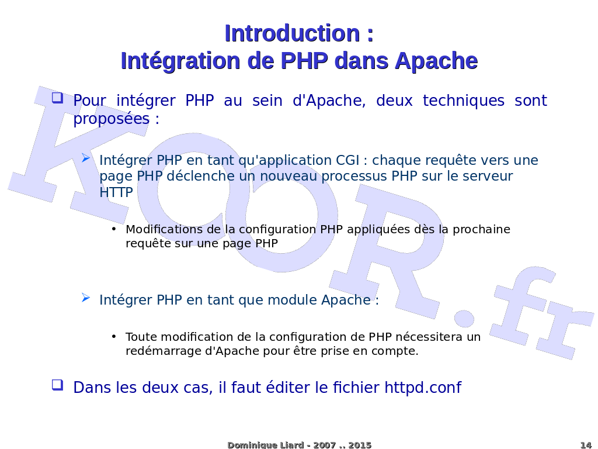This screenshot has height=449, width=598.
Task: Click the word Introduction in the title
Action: (x=293, y=33)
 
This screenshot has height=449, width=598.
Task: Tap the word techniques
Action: (x=463, y=101)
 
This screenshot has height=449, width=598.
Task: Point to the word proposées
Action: (x=112, y=119)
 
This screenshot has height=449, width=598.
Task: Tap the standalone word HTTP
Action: (x=116, y=192)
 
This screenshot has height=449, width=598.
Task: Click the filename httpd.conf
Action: (x=423, y=387)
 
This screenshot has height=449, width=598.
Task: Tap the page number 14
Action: (x=586, y=445)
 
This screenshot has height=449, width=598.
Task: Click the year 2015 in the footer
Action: (x=360, y=445)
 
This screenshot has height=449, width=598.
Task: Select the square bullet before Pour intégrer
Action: (x=58, y=98)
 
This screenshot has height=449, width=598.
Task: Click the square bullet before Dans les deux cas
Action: (x=58, y=385)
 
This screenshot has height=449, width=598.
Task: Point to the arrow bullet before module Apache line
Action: (x=86, y=298)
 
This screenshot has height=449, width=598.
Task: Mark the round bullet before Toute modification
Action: (x=114, y=336)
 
